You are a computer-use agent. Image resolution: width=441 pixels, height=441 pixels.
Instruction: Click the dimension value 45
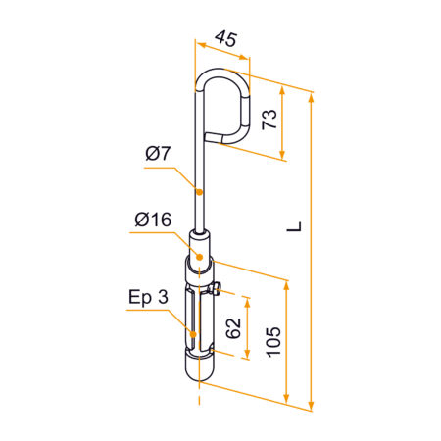click(x=225, y=40)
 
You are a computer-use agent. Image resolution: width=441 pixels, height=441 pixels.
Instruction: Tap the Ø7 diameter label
click(x=158, y=154)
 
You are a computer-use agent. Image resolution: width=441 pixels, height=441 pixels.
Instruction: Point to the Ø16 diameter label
click(x=152, y=220)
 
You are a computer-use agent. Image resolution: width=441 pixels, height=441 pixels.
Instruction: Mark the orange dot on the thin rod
click(x=199, y=189)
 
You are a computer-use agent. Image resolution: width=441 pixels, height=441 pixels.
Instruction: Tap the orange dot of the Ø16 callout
click(x=198, y=257)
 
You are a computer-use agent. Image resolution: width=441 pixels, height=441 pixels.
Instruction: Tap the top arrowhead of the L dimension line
click(x=313, y=96)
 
